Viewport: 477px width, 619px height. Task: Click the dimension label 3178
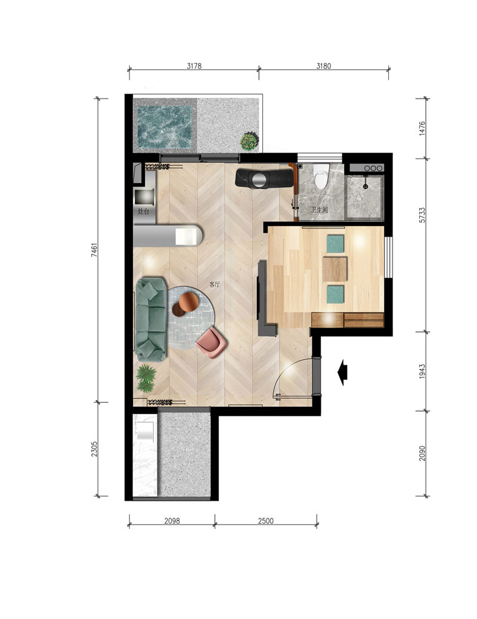[194, 66]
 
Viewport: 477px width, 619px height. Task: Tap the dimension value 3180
[323, 66]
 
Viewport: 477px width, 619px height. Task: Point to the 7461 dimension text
[94, 250]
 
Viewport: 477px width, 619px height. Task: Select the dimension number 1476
[422, 129]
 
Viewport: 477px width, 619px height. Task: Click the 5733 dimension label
[422, 215]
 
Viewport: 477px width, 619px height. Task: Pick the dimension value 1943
[422, 372]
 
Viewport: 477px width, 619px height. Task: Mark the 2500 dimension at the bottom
[266, 521]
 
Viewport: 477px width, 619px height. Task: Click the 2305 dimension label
[94, 449]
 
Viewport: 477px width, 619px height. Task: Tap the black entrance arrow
[343, 372]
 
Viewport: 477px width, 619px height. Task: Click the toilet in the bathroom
[321, 176]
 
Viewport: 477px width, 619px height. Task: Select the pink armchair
[212, 343]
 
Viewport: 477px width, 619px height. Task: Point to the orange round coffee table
[189, 302]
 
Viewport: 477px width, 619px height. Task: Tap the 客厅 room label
[215, 284]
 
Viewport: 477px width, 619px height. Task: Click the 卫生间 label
[319, 210]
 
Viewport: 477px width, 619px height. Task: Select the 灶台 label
[143, 212]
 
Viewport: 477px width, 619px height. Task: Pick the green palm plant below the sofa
[145, 379]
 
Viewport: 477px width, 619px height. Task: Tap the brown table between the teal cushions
[335, 269]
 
